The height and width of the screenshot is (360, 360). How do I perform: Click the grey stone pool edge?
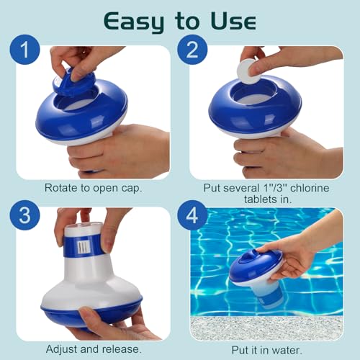click(266, 328)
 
